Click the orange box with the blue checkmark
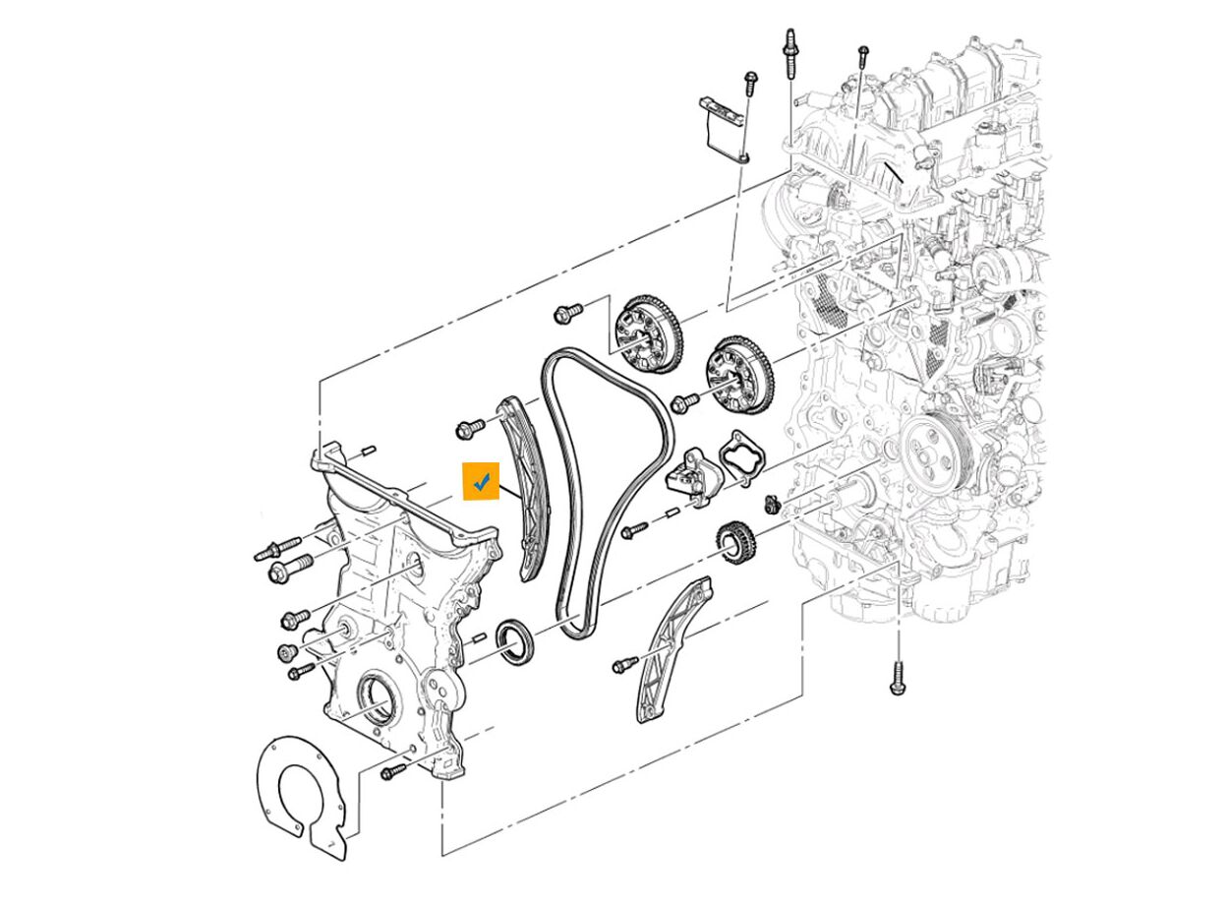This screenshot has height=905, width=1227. (x=482, y=481)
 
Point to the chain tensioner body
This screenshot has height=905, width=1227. (x=694, y=477)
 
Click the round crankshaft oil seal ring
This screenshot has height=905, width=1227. (x=516, y=641)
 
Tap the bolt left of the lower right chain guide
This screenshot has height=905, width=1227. (x=623, y=666)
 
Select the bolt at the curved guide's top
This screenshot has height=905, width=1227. (x=470, y=429)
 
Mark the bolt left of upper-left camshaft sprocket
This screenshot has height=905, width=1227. (x=567, y=313)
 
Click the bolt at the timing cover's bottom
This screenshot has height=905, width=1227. (x=393, y=772)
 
